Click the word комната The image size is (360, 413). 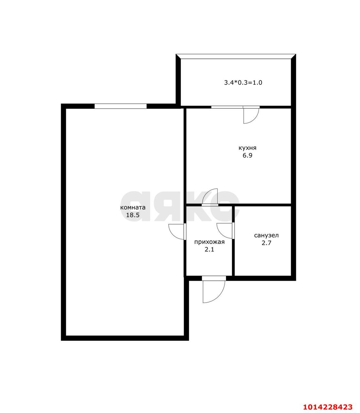[x=133, y=207]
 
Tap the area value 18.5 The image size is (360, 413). [x=133, y=215]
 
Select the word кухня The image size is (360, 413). [x=247, y=148]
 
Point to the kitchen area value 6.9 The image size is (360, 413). [x=247, y=156]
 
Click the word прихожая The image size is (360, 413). [x=209, y=242]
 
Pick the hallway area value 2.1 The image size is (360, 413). [x=210, y=249]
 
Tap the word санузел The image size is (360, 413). [x=266, y=236]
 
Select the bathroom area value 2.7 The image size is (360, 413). [x=266, y=243]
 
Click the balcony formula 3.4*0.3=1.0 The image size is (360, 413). [x=243, y=83]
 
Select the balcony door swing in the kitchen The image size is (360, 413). [x=251, y=116]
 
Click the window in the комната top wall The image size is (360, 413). [x=120, y=106]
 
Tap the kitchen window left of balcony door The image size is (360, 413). [x=227, y=107]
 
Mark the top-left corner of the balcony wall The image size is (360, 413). [x=178, y=57]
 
